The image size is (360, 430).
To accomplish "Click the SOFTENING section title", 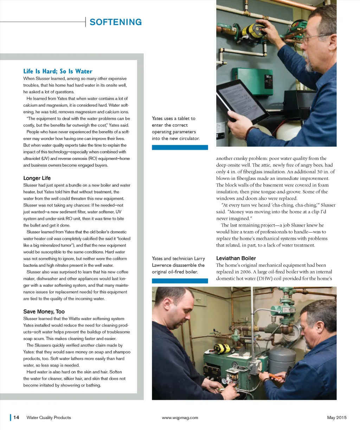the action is [116, 22].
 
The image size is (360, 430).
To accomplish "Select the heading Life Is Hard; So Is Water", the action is [58, 71].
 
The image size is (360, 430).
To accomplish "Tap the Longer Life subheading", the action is [37, 178].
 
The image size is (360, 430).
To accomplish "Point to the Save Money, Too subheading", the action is [44, 312].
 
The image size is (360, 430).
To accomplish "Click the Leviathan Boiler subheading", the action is [236, 258].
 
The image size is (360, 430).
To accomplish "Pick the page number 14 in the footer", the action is [16, 417].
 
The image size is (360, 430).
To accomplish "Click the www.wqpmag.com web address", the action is [180, 418].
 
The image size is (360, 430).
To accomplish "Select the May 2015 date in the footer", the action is [337, 417].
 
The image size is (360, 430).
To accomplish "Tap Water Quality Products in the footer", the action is [49, 417].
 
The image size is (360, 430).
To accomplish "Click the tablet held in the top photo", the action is [243, 101].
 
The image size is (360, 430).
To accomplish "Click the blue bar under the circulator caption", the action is [180, 147].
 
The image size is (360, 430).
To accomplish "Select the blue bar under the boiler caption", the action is [180, 281].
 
